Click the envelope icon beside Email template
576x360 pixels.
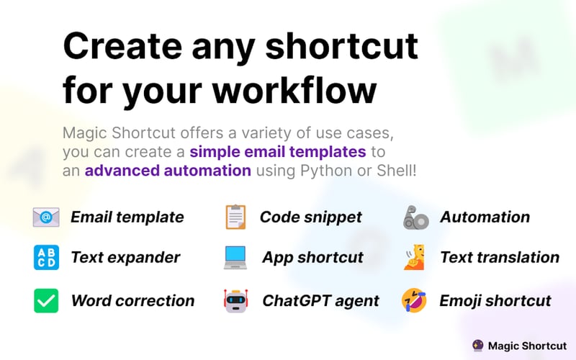tap(46, 217)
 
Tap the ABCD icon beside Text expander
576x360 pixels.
tap(46, 257)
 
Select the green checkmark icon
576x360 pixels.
tap(46, 300)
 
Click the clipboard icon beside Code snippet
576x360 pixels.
tap(235, 217)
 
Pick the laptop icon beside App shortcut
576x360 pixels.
tap(235, 258)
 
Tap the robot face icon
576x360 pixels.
tap(235, 301)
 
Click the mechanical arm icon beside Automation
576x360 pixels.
tap(415, 217)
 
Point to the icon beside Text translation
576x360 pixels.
tap(415, 258)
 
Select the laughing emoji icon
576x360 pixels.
tap(415, 301)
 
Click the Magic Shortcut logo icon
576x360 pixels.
tap(477, 346)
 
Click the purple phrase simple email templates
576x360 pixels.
tap(278, 152)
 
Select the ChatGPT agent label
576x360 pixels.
tap(320, 301)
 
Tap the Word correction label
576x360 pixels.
tap(132, 301)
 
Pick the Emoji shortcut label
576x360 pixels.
tap(495, 301)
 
